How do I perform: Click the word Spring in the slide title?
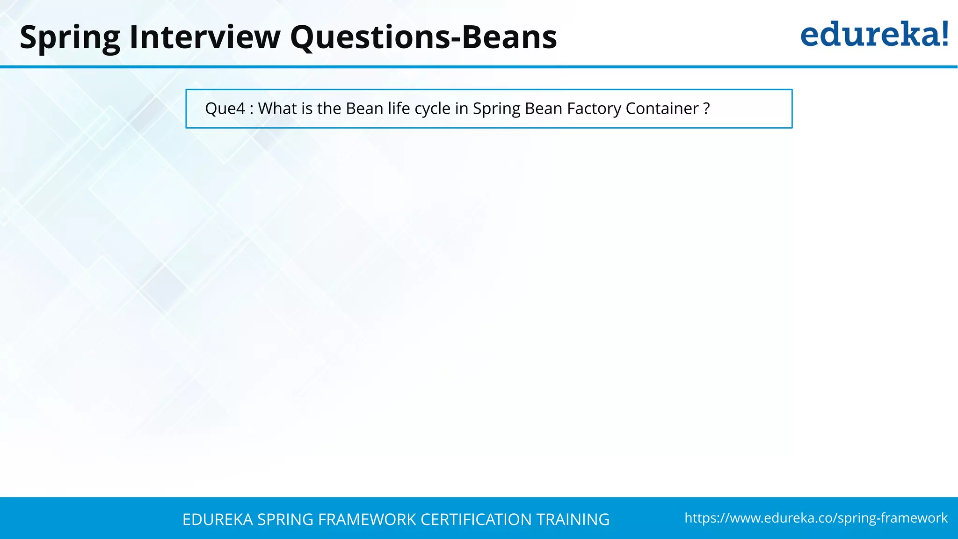tap(70, 37)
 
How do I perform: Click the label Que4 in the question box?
tap(225, 109)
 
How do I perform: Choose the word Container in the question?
tap(662, 109)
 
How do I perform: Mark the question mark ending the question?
tap(706, 109)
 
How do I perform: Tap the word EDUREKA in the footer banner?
tap(218, 519)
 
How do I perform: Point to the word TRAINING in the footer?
tap(573, 519)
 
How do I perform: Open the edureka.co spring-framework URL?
tap(816, 518)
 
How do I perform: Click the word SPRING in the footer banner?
tap(285, 519)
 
